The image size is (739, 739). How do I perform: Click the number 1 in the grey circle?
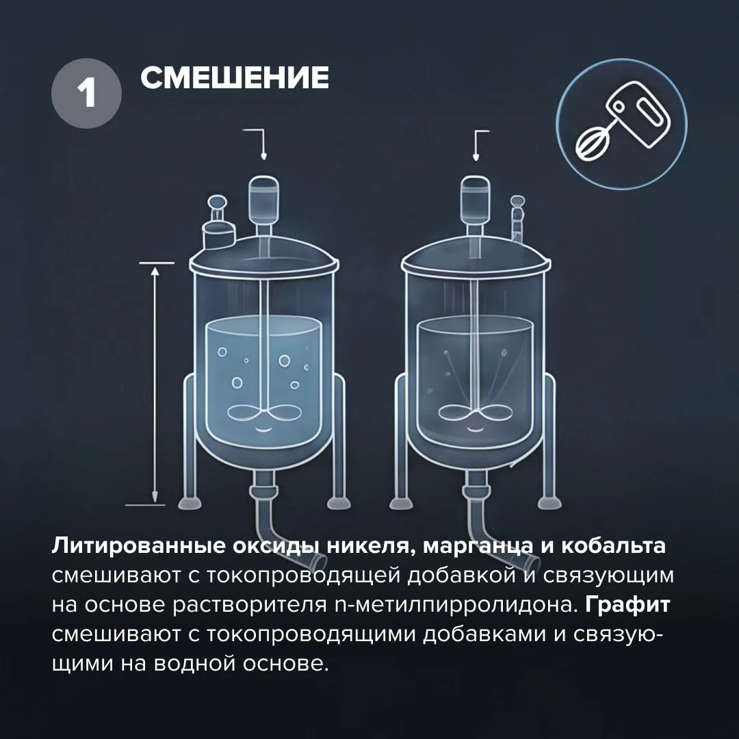(x=87, y=93)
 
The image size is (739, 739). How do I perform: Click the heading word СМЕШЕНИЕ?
(x=235, y=77)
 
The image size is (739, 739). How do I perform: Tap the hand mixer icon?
(x=621, y=125)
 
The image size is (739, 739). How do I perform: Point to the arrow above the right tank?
(x=478, y=144)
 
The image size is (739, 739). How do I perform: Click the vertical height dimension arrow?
(x=155, y=384)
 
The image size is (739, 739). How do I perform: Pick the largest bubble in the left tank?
(x=284, y=361)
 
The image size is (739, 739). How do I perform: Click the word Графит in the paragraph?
(x=627, y=604)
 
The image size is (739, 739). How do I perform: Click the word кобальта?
(x=613, y=546)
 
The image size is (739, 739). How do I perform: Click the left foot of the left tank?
(x=190, y=502)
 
